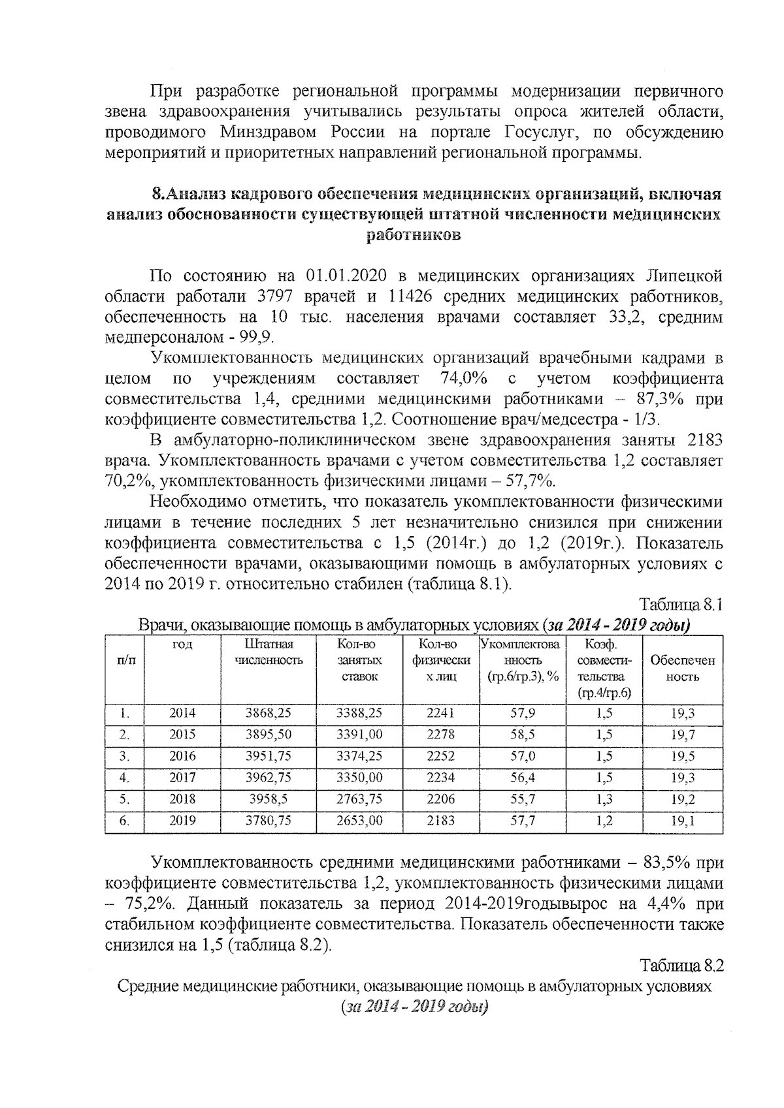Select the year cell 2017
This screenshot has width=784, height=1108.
click(x=182, y=778)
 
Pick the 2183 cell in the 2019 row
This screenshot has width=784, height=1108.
click(x=440, y=821)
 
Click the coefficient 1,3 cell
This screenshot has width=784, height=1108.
click(x=604, y=799)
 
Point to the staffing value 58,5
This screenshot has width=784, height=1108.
click(x=522, y=735)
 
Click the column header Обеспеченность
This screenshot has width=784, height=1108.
click(x=682, y=668)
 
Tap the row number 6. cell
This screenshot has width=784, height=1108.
click(x=124, y=821)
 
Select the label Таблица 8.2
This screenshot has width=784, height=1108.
click(x=681, y=965)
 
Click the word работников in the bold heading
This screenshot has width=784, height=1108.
click(x=413, y=234)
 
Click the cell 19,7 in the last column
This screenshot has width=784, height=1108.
click(x=683, y=735)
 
